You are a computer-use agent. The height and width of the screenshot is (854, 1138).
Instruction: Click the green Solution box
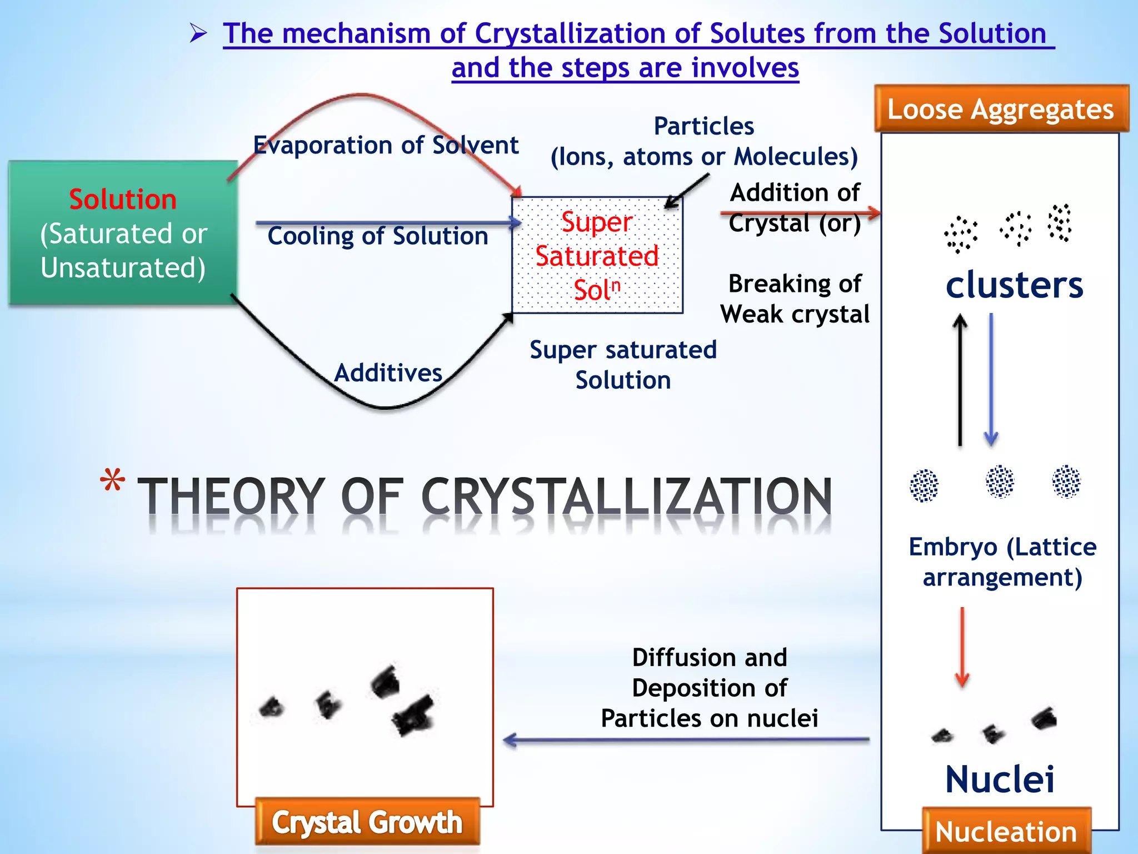coord(123,232)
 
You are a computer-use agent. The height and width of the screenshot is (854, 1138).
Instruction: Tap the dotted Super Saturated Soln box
coord(597,255)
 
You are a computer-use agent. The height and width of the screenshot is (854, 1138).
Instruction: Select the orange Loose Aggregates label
coord(1001,109)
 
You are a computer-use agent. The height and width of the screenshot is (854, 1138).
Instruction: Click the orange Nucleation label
coord(1006,832)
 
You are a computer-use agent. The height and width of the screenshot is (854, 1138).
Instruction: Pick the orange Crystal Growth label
coord(367,822)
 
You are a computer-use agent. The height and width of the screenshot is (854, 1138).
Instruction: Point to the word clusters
coord(1014,285)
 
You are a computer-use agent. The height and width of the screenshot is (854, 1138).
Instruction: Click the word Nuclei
coord(1000,779)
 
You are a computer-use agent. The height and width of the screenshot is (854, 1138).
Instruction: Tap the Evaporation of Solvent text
coord(386,145)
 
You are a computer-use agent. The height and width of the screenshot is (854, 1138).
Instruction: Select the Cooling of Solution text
coord(378,236)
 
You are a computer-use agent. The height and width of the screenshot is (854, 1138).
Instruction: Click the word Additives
coord(388,373)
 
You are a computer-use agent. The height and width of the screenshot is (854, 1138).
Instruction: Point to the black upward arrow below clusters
coord(960,380)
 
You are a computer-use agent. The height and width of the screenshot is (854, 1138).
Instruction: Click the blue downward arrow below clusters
coord(991,380)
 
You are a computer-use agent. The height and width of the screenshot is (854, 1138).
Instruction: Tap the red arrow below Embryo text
coord(962,648)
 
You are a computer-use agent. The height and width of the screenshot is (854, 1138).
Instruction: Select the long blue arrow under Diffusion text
coord(686,740)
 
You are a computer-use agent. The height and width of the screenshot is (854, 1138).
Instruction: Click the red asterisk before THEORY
coord(112,481)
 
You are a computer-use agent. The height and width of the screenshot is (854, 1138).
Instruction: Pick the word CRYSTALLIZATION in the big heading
coord(626,496)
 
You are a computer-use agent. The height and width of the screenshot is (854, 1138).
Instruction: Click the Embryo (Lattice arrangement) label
coord(1002,562)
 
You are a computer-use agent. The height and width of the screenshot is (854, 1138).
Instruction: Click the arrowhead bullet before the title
coord(198,33)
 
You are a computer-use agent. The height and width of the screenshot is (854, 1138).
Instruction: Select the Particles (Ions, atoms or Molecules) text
coord(704,142)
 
